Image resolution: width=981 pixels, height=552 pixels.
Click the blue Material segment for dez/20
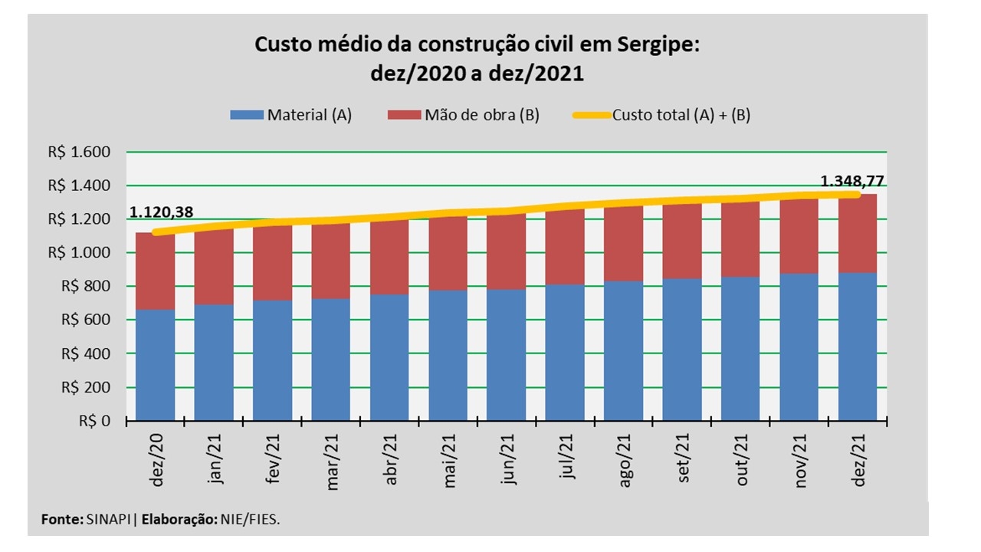156,365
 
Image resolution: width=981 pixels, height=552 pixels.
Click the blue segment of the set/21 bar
681,350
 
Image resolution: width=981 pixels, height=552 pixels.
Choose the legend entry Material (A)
309,116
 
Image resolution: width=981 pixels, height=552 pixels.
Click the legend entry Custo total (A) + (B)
681,116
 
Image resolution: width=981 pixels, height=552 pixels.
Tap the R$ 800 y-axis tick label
90,287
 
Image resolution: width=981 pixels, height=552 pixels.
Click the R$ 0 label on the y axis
94,421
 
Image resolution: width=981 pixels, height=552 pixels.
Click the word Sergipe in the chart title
657,45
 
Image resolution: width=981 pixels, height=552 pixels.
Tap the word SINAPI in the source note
109,520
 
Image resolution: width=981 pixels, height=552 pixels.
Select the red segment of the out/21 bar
740,238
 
